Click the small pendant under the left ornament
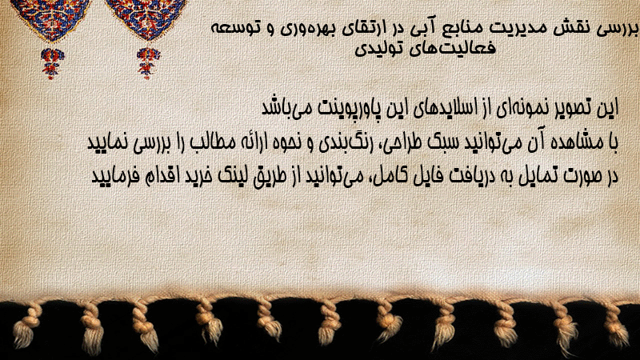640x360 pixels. (52, 63)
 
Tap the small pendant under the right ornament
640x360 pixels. (148, 62)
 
